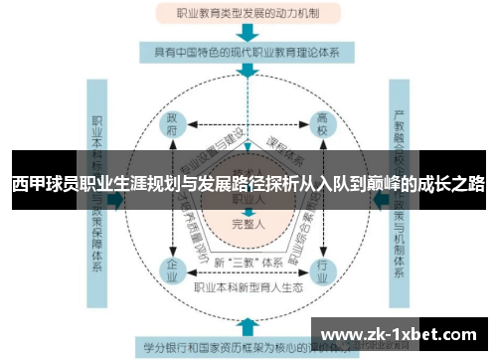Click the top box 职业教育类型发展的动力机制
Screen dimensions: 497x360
pyautogui.click(x=248, y=14)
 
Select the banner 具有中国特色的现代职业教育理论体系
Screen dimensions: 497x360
pyautogui.click(x=248, y=53)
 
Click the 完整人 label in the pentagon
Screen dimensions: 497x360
pyautogui.click(x=248, y=224)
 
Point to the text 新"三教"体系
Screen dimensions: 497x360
pyautogui.click(x=248, y=262)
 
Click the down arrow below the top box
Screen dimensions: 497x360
pyautogui.click(x=248, y=33)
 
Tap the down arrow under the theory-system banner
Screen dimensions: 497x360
pyautogui.click(x=248, y=73)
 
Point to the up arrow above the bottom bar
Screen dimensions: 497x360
pyautogui.click(x=248, y=324)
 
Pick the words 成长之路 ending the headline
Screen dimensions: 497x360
pyautogui.click(x=454, y=184)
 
